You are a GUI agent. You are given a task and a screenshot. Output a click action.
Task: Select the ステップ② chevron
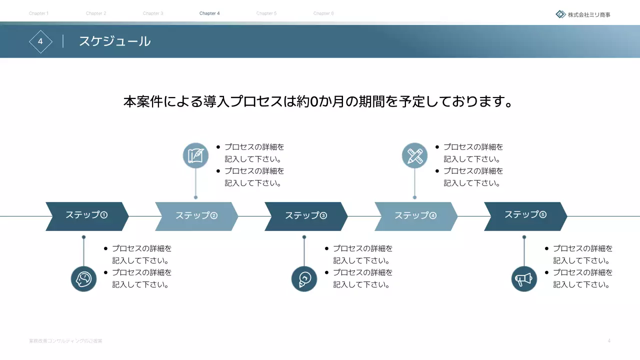pyautogui.click(x=196, y=216)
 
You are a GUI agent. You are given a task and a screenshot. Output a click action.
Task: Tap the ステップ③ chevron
pyautogui.click(x=306, y=216)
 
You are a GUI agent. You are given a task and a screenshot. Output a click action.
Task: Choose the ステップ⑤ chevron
pyautogui.click(x=525, y=216)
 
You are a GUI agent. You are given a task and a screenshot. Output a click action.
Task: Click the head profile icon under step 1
pyautogui.click(x=83, y=279)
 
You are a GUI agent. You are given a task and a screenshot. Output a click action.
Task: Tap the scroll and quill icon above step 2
pyautogui.click(x=195, y=155)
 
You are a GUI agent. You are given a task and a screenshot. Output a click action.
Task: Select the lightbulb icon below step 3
pyautogui.click(x=304, y=279)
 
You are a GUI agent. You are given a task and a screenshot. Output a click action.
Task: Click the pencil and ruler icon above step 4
pyautogui.click(x=414, y=155)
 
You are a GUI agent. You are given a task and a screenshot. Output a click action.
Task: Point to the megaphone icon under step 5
pyautogui.click(x=524, y=279)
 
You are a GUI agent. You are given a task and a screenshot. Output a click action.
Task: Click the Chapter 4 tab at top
pyautogui.click(x=209, y=13)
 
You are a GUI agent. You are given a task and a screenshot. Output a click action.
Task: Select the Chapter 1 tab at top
pyautogui.click(x=38, y=13)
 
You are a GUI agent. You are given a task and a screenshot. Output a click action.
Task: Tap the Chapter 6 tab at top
pyautogui.click(x=323, y=13)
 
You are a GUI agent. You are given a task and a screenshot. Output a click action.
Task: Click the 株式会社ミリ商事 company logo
pyautogui.click(x=583, y=14)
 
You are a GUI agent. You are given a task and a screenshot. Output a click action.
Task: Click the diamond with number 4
pyautogui.click(x=40, y=41)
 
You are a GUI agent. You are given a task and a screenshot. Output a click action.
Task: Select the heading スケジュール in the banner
pyautogui.click(x=114, y=41)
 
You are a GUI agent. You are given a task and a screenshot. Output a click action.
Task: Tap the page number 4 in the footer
pyautogui.click(x=609, y=341)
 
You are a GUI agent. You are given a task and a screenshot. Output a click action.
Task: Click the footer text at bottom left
pyautogui.click(x=65, y=341)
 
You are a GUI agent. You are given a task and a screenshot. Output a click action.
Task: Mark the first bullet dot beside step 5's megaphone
pyautogui.click(x=546, y=248)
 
